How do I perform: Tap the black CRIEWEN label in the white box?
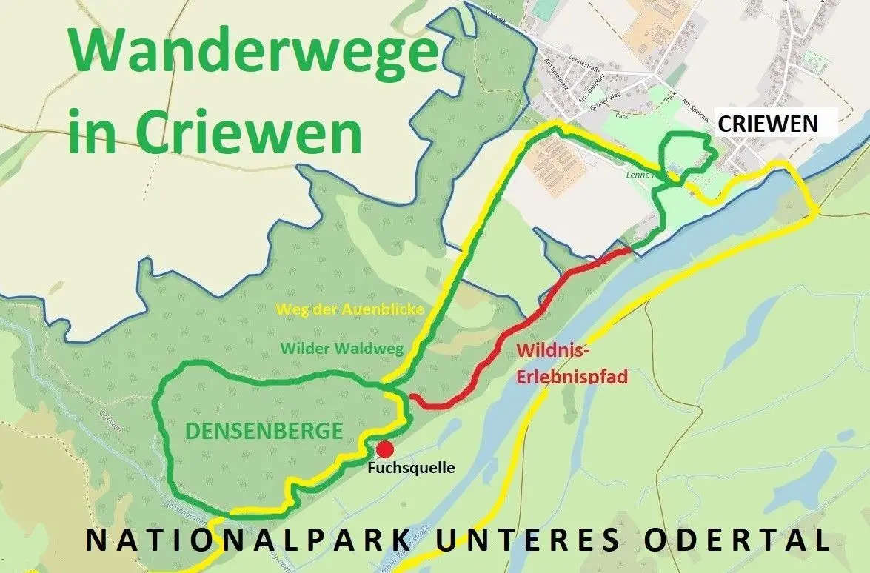[769, 124]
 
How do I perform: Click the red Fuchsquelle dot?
[385, 449]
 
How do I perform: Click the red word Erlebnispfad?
[572, 376]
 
